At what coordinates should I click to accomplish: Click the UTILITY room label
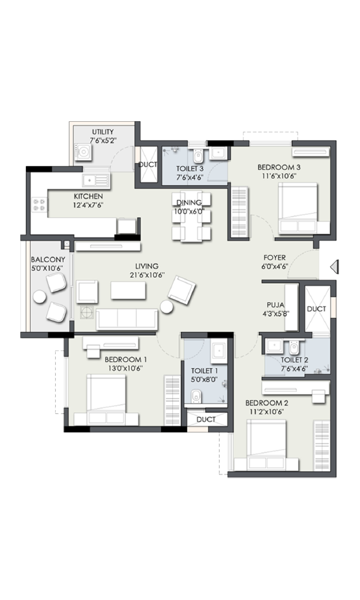(103, 132)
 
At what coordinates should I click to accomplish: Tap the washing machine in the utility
(83, 151)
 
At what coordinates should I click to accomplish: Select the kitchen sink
(96, 180)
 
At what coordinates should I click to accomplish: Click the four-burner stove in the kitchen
(40, 205)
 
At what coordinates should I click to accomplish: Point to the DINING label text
(189, 203)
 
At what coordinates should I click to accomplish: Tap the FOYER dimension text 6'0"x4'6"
(275, 267)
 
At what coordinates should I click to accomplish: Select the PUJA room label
(275, 305)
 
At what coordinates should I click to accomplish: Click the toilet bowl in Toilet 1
(196, 397)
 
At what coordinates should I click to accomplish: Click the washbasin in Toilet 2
(274, 346)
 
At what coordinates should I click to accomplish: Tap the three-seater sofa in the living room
(127, 319)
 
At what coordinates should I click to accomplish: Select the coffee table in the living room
(128, 290)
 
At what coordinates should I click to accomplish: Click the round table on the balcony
(40, 296)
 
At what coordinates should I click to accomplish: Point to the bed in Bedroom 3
(298, 208)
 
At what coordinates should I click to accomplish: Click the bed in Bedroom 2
(266, 445)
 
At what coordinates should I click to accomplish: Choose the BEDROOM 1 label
(125, 359)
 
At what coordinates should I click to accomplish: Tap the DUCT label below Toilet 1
(206, 419)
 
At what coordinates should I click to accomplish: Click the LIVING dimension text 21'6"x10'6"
(147, 275)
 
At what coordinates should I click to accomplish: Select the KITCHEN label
(88, 196)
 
